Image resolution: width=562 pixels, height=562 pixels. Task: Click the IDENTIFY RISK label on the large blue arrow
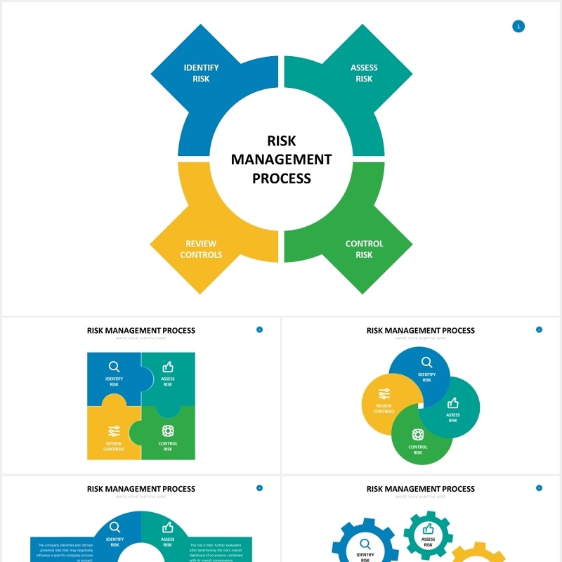coord(201,73)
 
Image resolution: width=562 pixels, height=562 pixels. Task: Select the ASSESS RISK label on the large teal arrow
coord(364,73)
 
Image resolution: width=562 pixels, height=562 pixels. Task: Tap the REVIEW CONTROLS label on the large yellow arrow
coord(201,249)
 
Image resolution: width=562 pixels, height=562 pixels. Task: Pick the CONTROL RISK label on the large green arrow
coord(364,249)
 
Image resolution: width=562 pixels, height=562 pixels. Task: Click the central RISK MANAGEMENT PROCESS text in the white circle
coord(281,159)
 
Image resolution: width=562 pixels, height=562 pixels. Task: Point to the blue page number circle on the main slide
coord(518,27)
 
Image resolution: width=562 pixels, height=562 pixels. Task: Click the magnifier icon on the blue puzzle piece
coord(114,367)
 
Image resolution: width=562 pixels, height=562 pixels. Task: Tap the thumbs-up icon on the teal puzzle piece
coord(168,367)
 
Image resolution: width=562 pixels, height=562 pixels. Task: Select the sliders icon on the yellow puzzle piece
coord(114,431)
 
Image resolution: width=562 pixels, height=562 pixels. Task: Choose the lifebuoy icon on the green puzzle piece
coord(168,431)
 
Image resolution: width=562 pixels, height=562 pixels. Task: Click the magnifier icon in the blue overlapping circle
coord(426,362)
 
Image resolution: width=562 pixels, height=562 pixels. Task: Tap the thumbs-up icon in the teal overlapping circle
coord(453,403)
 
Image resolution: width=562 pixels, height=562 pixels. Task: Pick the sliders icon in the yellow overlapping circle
coord(384,394)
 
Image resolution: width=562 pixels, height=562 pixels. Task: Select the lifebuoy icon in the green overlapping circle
coord(418,434)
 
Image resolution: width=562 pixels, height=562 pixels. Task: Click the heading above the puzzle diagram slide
coord(141,330)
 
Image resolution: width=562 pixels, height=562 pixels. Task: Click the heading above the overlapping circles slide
coord(421,330)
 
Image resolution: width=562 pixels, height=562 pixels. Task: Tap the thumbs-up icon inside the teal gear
coord(428,528)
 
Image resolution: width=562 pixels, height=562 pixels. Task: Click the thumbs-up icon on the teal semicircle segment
coord(168,528)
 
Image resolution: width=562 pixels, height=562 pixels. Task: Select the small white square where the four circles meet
coord(420,406)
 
